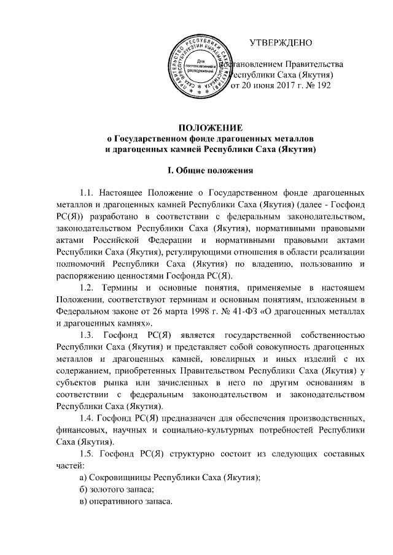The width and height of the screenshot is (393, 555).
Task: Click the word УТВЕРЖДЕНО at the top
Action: coord(281,42)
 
